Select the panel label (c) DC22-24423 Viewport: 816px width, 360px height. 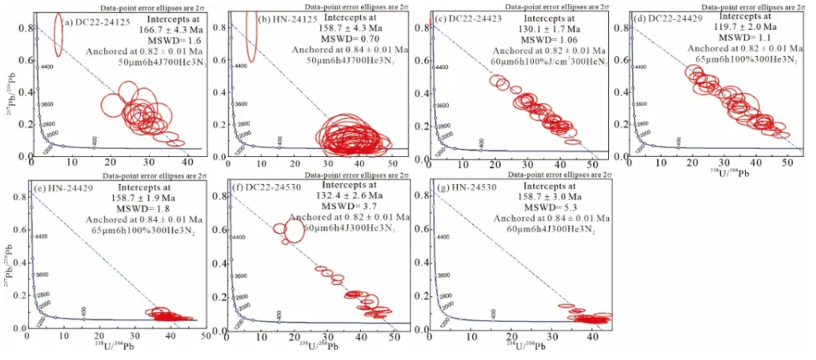pyautogui.click(x=468, y=21)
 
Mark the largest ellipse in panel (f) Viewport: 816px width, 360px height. pyautogui.click(x=293, y=231)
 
